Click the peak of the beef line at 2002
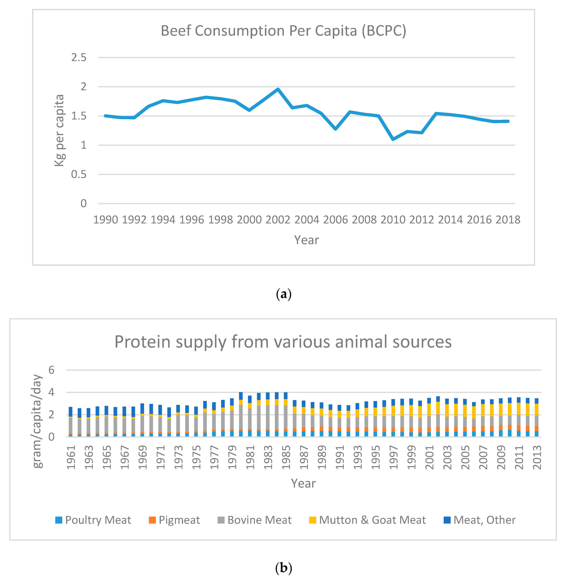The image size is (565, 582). [278, 89]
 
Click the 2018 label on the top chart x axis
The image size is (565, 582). [508, 220]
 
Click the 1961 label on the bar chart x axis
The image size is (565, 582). [71, 457]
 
